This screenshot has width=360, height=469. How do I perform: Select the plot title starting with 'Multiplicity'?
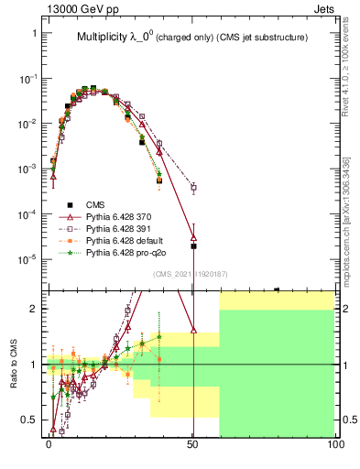191,38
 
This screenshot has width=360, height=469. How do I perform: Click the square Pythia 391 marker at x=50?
193,188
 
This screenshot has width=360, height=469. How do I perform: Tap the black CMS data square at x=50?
193,246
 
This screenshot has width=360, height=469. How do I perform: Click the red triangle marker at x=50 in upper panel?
193,236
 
